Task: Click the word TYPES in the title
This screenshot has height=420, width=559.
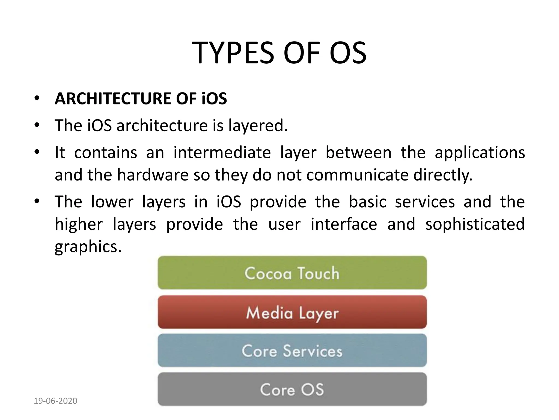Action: [233, 53]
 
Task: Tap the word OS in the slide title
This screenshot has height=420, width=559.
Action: [348, 53]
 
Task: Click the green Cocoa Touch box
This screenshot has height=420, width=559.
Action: [292, 273]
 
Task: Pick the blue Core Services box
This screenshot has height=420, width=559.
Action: [292, 351]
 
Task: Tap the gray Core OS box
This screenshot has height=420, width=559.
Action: [292, 389]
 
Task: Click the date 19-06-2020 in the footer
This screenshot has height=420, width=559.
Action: [55, 401]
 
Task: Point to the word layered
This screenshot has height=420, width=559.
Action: [258, 126]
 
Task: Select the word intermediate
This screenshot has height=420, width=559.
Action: [222, 152]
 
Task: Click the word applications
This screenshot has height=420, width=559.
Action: [480, 152]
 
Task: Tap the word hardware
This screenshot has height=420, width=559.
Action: [153, 175]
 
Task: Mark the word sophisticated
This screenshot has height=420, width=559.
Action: [475, 224]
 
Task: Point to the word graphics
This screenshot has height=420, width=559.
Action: [88, 247]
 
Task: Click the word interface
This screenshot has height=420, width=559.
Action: [344, 224]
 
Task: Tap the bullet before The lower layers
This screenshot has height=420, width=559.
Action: [37, 202]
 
